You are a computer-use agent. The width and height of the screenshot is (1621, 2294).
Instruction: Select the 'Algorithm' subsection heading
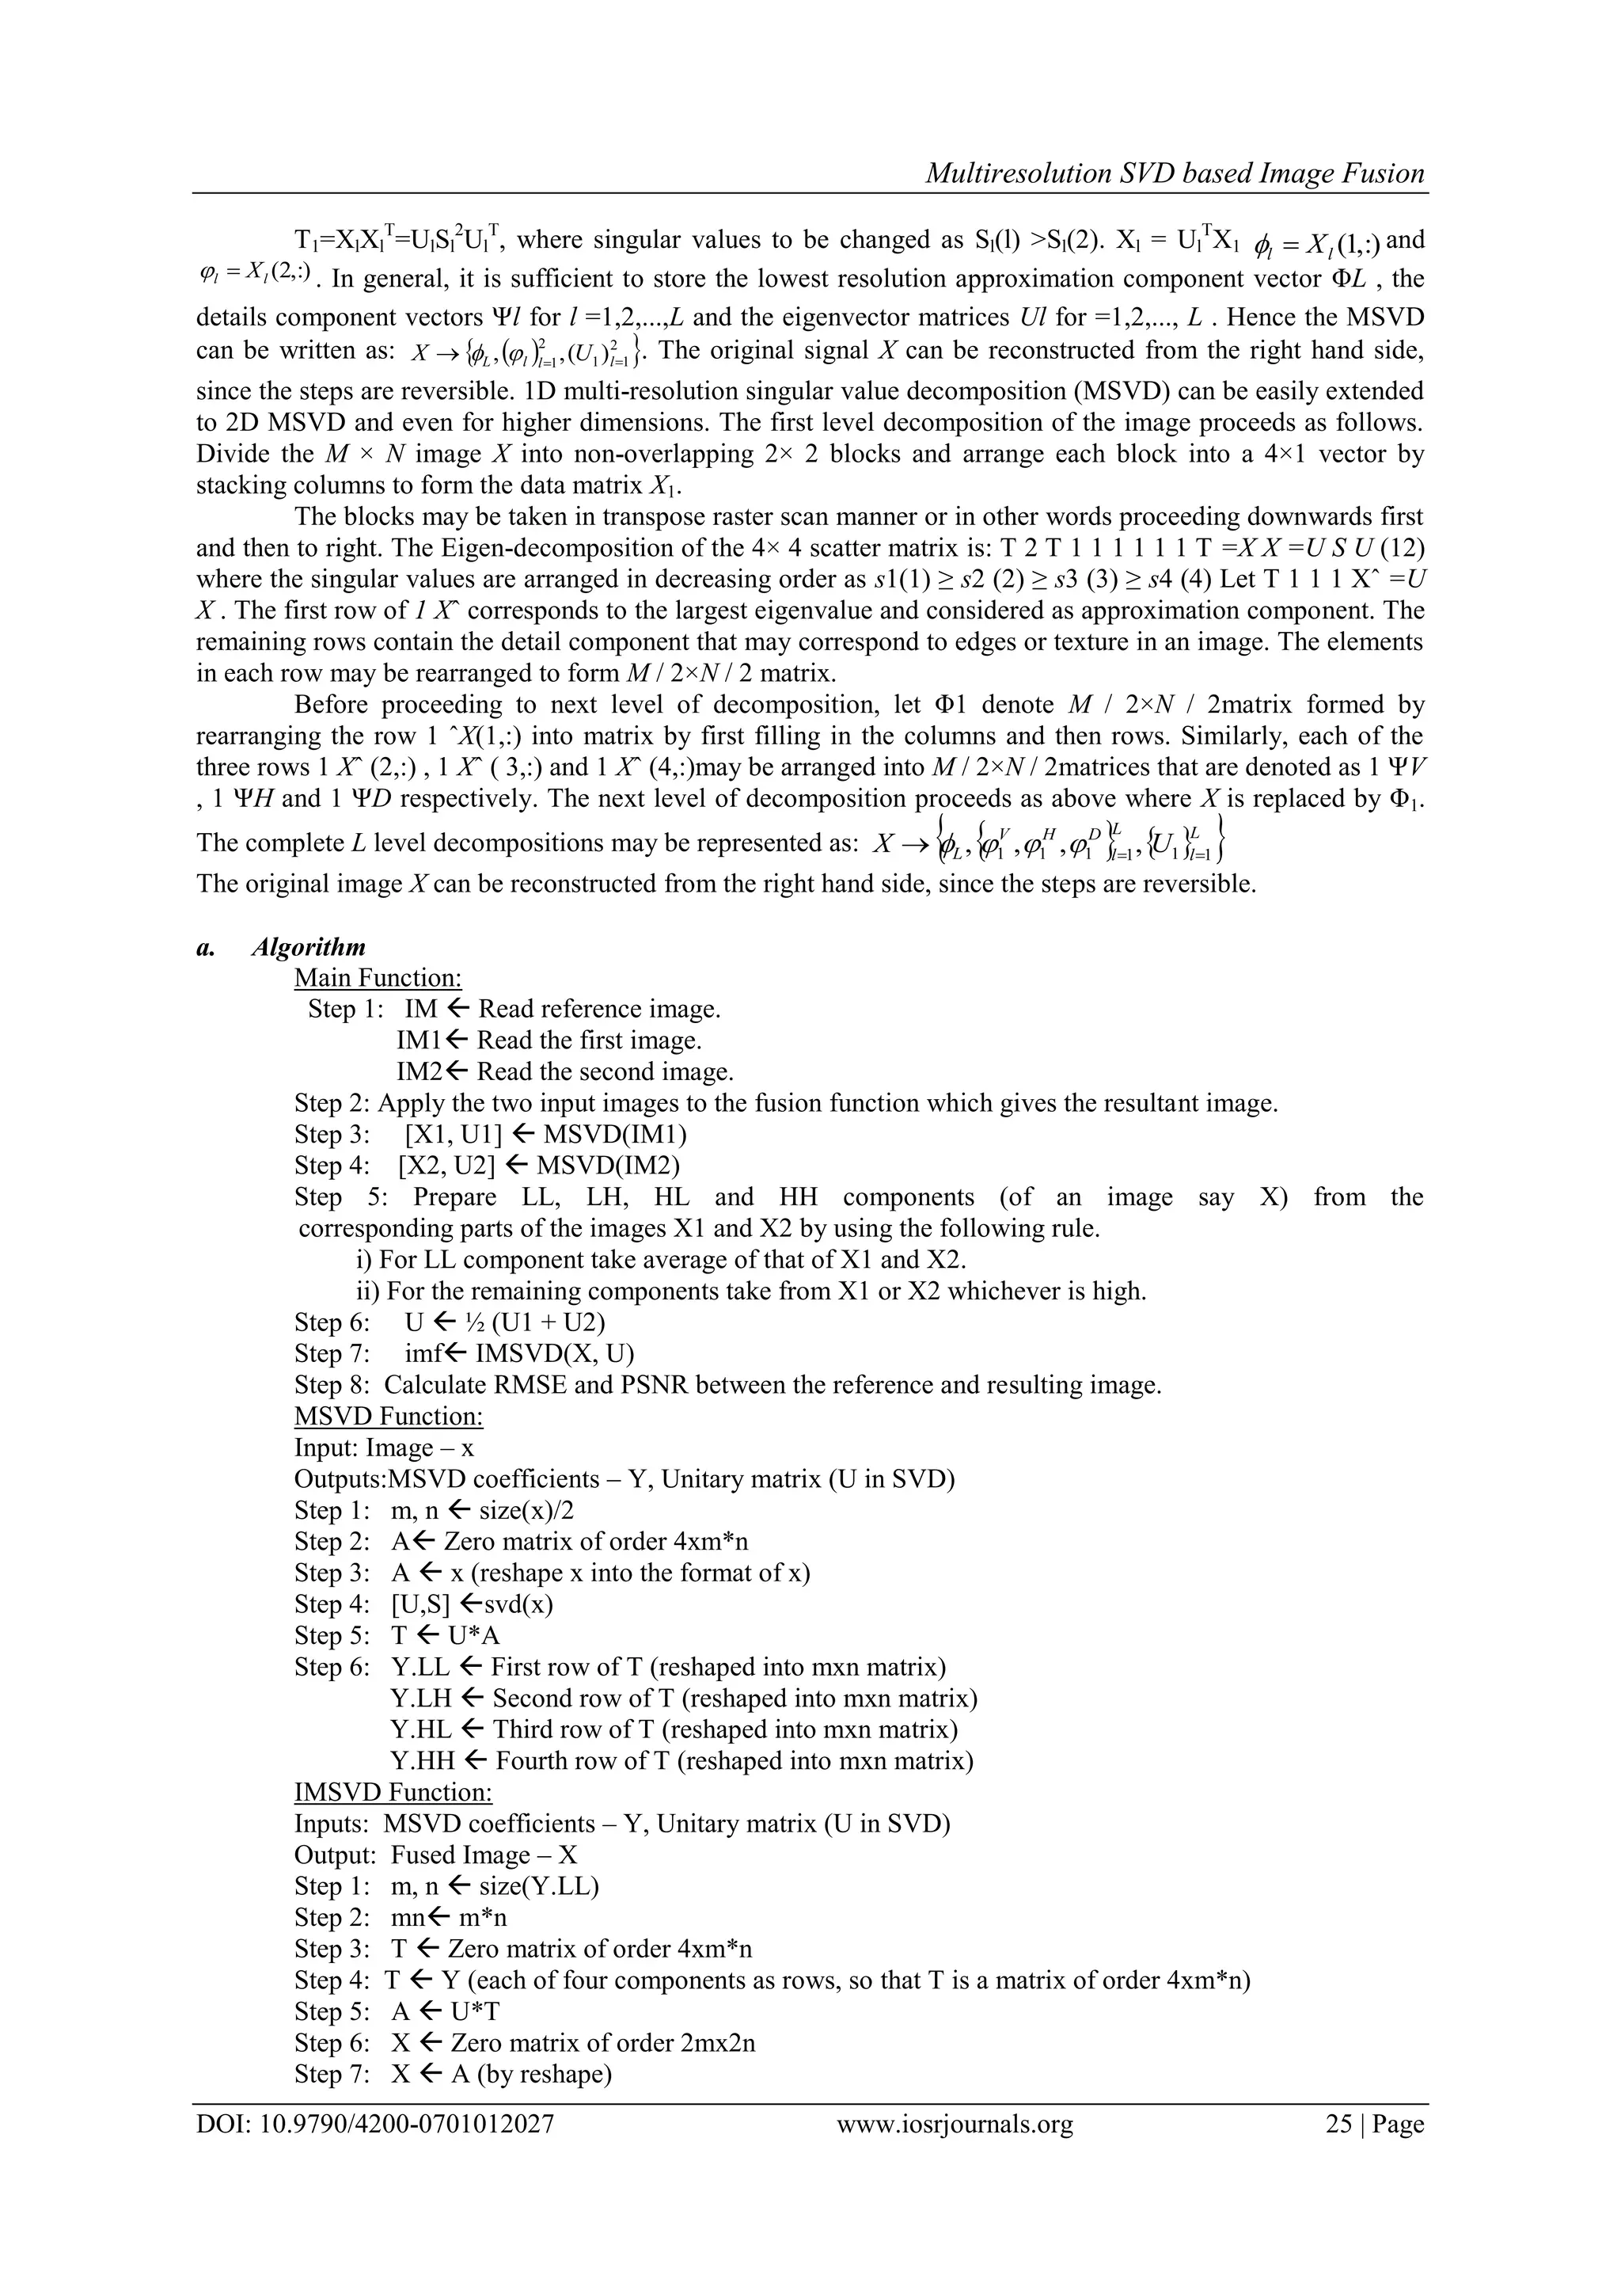point(309,946)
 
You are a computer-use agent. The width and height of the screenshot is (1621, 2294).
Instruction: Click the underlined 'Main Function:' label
point(378,978)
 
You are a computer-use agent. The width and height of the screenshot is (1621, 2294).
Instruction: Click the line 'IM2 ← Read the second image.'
point(564,1072)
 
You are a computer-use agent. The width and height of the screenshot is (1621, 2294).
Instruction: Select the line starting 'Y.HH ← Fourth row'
point(681,1760)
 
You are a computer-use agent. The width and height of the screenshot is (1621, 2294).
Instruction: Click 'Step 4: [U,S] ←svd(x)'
point(423,1604)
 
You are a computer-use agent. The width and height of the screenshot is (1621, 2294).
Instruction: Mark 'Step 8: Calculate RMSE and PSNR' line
point(727,1385)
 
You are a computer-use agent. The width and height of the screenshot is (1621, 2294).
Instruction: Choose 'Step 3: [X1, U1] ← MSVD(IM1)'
point(491,1134)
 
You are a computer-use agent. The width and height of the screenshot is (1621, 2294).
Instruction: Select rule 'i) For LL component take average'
point(660,1260)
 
